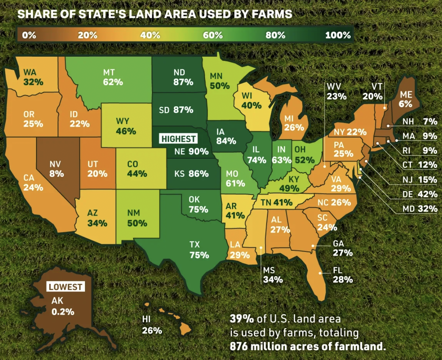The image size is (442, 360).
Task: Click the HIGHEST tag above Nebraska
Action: click(x=178, y=139)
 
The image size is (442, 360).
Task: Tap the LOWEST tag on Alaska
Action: click(x=66, y=287)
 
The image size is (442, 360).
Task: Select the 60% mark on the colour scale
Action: click(x=212, y=35)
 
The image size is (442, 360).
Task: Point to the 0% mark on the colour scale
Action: click(x=29, y=35)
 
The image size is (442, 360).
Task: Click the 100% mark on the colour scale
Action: click(x=338, y=35)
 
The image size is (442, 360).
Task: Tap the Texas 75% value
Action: click(x=199, y=255)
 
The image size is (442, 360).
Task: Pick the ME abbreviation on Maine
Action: click(x=406, y=95)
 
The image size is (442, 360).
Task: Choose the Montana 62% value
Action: click(x=113, y=82)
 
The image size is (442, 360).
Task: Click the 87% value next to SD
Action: click(x=183, y=110)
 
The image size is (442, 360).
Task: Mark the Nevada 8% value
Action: click(x=57, y=174)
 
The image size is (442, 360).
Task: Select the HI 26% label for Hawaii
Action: click(x=152, y=325)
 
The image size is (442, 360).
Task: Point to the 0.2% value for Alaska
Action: click(x=63, y=312)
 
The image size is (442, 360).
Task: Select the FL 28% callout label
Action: click(x=342, y=275)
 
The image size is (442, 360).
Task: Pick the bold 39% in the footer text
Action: click(x=242, y=319)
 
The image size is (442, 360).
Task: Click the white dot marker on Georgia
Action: click(x=313, y=246)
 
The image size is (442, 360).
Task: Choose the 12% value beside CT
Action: click(x=427, y=165)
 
